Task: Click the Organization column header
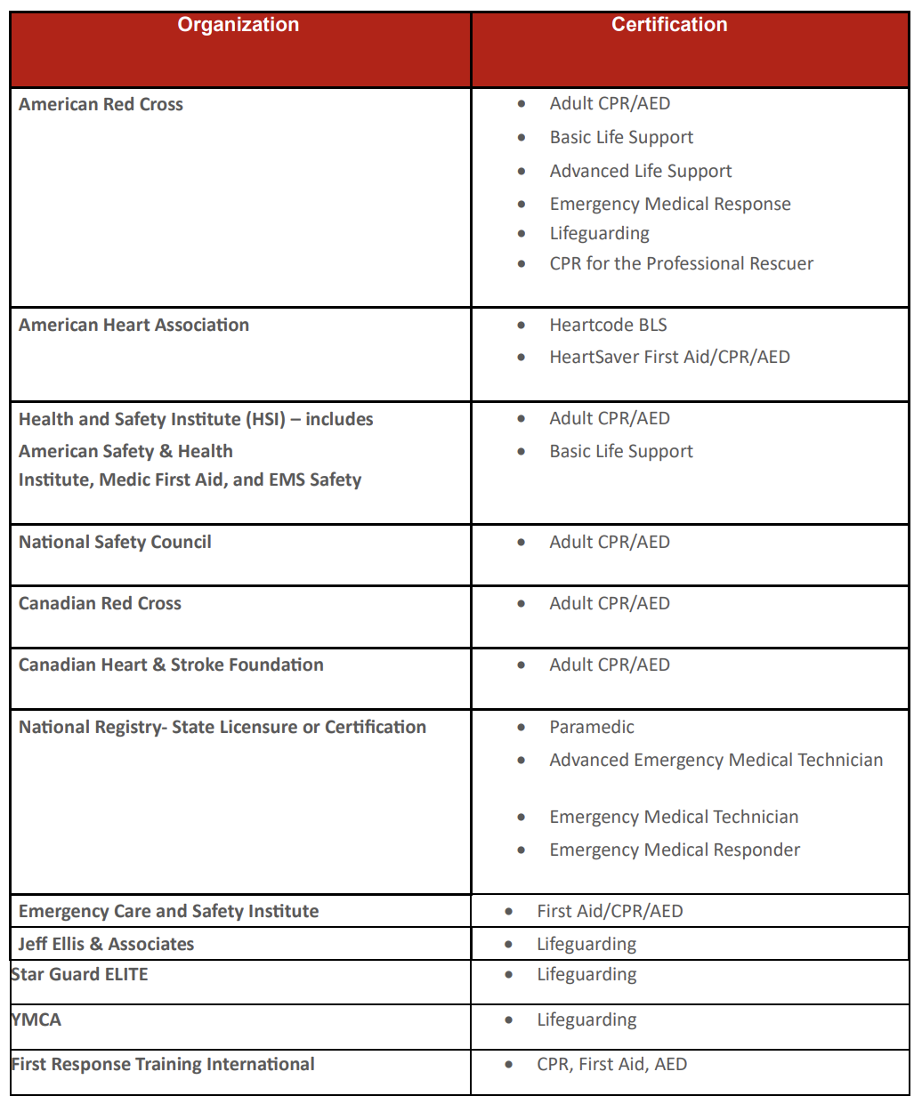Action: tap(238, 25)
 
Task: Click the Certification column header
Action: tap(668, 25)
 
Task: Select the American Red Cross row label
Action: tap(101, 104)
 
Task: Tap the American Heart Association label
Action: tap(133, 325)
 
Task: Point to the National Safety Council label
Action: tap(115, 542)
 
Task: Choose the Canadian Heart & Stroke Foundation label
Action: tap(171, 665)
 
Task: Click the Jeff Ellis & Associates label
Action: tap(106, 944)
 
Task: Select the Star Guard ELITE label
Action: tap(79, 974)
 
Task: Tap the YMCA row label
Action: tap(36, 1019)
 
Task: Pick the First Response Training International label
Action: tap(163, 1064)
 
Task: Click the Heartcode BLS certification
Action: tap(608, 325)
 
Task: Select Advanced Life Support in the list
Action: tap(640, 171)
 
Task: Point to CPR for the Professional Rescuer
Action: tap(681, 263)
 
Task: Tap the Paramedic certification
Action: tap(592, 727)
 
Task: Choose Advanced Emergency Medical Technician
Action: tap(716, 760)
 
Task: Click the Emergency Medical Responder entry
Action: tap(675, 850)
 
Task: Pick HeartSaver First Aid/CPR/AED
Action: tap(669, 357)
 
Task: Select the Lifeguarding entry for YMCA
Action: tap(586, 1019)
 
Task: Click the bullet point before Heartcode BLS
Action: tap(522, 326)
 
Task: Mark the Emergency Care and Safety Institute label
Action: tap(168, 911)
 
